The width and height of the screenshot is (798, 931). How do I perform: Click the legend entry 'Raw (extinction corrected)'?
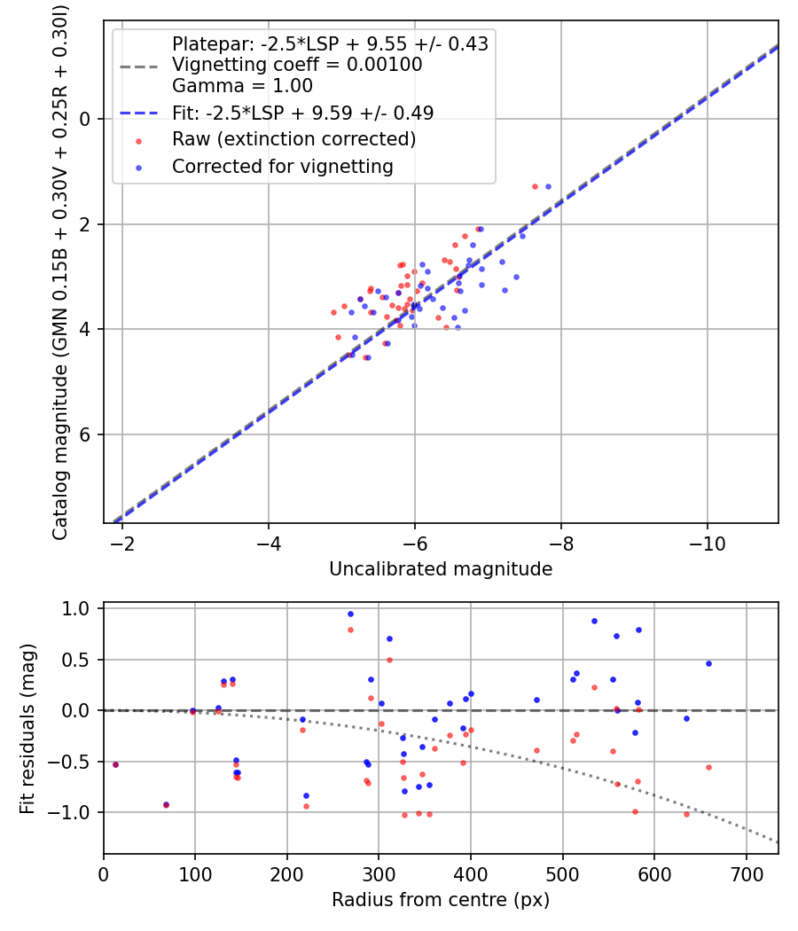click(x=293, y=139)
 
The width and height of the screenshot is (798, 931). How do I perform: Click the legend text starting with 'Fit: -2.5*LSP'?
click(x=302, y=113)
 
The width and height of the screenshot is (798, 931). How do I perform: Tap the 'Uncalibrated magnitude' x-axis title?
click(x=441, y=569)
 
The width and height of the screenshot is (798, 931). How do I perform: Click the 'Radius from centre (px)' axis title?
click(x=441, y=900)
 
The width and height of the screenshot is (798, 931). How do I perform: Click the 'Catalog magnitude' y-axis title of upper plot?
click(x=60, y=270)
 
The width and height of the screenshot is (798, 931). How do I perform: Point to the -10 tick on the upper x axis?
click(x=707, y=542)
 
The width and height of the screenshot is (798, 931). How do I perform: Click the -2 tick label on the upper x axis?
click(x=123, y=542)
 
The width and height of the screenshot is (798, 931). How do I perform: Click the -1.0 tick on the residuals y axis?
click(x=78, y=812)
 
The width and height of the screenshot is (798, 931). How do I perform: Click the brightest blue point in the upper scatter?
click(x=548, y=186)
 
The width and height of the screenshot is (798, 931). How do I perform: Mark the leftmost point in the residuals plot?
click(x=115, y=764)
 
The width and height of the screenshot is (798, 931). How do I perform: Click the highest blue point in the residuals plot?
click(x=350, y=614)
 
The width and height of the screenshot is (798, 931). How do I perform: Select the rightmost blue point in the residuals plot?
click(x=708, y=663)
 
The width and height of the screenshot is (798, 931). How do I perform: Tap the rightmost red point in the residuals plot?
click(x=708, y=767)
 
